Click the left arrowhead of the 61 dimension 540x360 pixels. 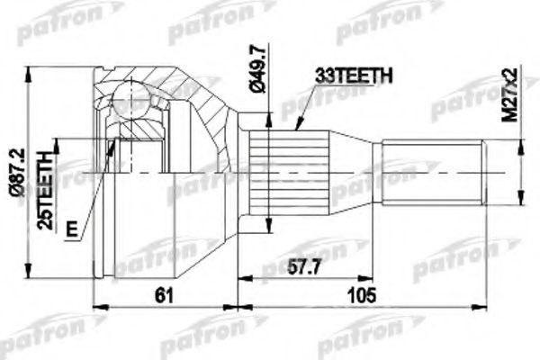click(x=98, y=305)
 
